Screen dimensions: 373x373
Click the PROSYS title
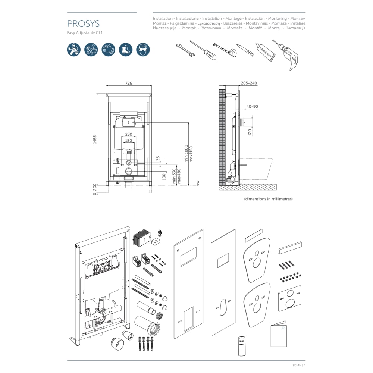(x=83, y=24)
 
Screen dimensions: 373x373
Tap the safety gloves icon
(x=108, y=50)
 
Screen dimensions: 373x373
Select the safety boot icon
(x=126, y=50)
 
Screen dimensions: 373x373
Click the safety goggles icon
(x=143, y=50)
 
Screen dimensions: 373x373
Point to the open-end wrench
(x=185, y=50)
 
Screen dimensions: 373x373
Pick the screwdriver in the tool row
(x=203, y=50)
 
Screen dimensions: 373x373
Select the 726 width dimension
(x=129, y=83)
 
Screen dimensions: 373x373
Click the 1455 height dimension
(x=95, y=140)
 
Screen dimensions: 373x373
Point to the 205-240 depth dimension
(x=249, y=83)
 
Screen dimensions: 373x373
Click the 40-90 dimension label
(x=252, y=106)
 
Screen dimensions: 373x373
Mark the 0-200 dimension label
(x=95, y=189)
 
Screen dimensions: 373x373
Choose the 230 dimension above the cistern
(x=129, y=134)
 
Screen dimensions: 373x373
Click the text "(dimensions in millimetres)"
(x=268, y=199)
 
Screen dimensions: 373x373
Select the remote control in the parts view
(x=242, y=347)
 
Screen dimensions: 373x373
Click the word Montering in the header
(x=278, y=18)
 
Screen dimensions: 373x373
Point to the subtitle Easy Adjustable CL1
(x=85, y=32)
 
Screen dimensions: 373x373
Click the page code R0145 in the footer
(x=297, y=365)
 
